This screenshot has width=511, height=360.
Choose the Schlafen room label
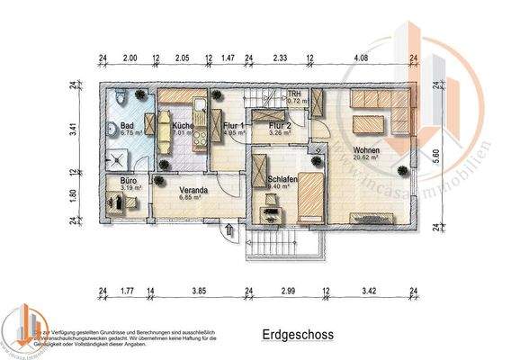(x=283, y=180)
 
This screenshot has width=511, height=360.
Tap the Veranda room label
(x=193, y=190)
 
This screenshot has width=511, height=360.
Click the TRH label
(x=292, y=94)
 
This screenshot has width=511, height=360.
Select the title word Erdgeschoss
(x=298, y=335)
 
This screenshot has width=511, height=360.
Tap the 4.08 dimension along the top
(x=362, y=58)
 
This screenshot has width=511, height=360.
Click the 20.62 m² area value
(x=365, y=158)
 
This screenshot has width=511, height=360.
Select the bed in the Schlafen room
(x=309, y=196)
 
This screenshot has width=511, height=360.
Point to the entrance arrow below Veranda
(x=229, y=231)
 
